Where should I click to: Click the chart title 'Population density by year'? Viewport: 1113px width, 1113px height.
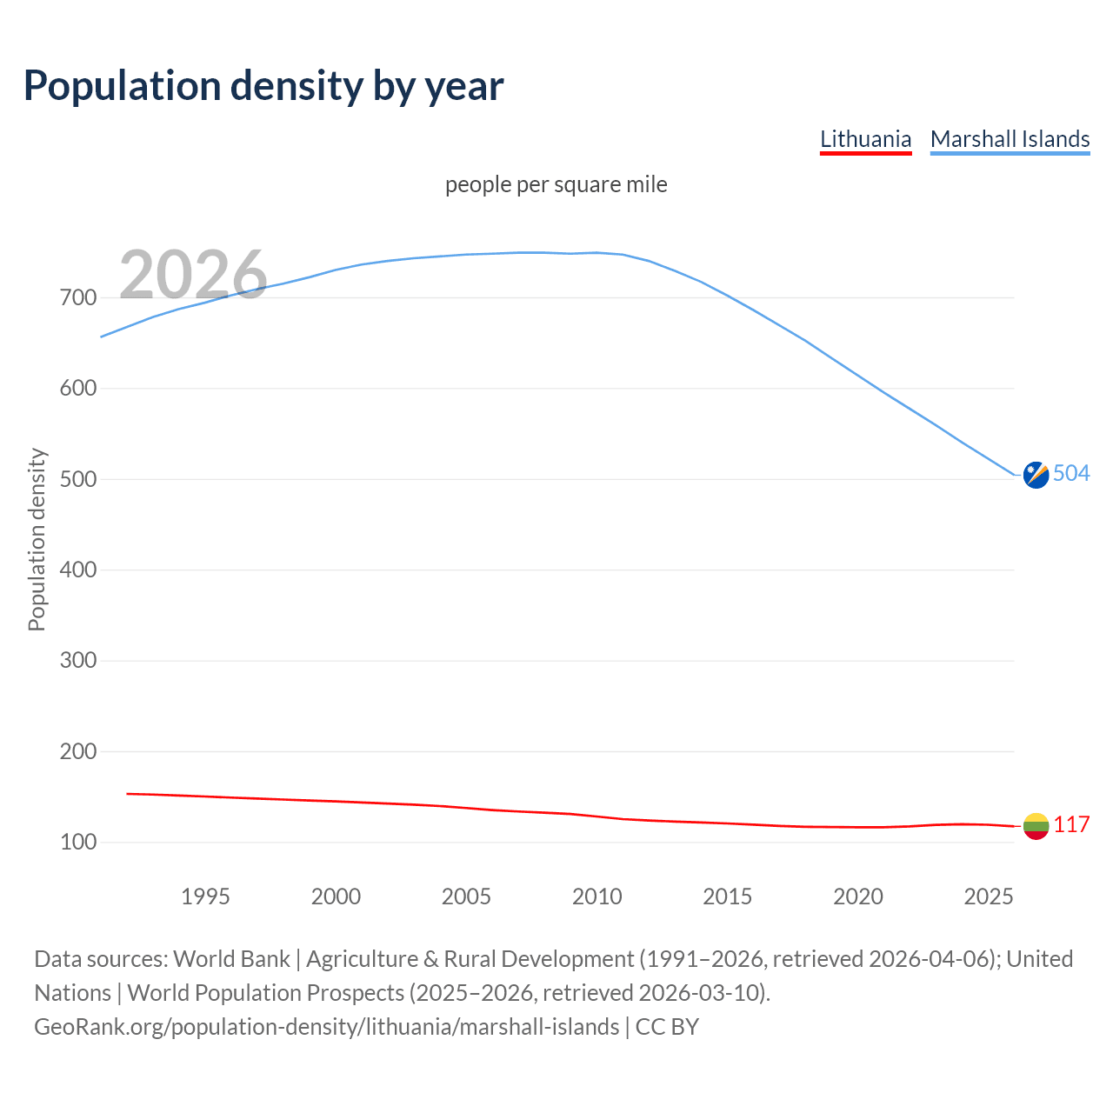pos(263,86)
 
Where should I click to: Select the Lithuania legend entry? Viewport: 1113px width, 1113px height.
pos(865,139)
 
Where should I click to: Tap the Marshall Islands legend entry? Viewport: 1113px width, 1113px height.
pos(1010,139)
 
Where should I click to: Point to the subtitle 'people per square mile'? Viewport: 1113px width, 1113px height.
pos(556,185)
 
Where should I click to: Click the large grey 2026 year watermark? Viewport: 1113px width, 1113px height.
pos(193,275)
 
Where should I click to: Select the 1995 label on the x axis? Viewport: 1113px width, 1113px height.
pos(205,896)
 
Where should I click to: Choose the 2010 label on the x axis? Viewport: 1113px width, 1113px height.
pos(596,896)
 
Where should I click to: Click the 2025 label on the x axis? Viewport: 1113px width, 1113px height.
pos(989,896)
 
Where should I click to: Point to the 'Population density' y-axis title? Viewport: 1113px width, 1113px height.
pos(37,539)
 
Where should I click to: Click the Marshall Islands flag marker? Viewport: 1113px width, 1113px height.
pos(1036,475)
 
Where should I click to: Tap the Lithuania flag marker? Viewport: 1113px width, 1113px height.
pos(1036,826)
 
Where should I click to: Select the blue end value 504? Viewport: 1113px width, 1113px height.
pos(1071,473)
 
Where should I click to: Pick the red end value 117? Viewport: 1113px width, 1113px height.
pos(1071,824)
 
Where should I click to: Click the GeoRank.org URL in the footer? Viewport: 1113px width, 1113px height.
pos(326,1027)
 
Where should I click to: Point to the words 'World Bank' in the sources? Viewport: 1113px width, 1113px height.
pos(231,959)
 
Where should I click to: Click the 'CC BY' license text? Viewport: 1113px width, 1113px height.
pos(667,1027)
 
